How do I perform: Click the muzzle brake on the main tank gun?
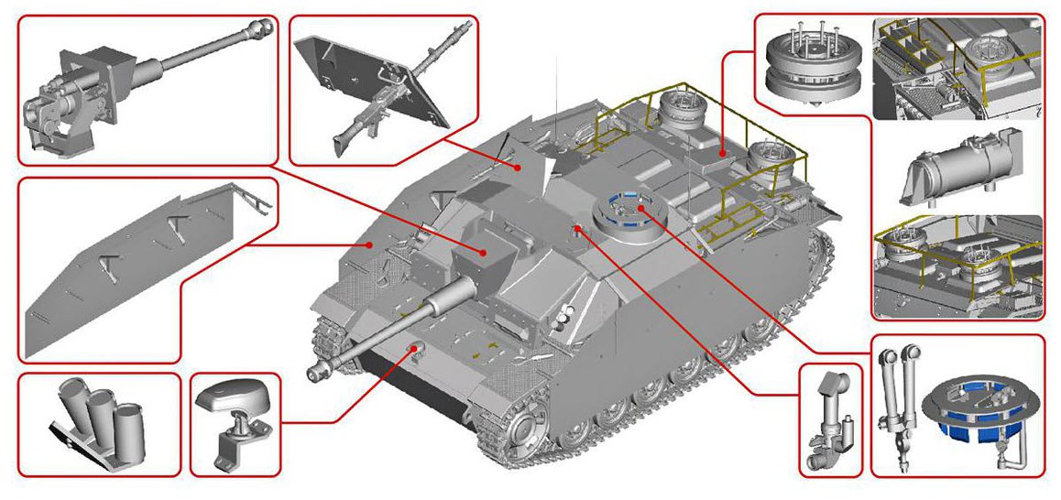[x=320, y=371]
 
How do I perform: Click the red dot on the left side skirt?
[x=369, y=245]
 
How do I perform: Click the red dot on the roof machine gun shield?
[x=519, y=168]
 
